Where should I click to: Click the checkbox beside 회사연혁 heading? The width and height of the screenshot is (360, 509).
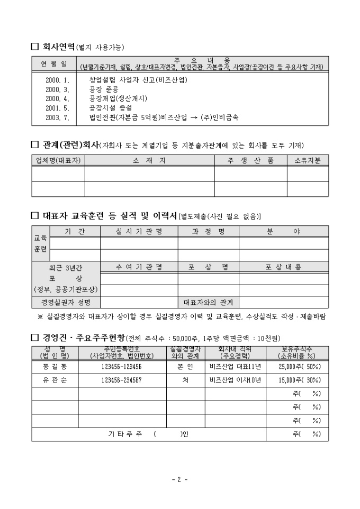[35, 47]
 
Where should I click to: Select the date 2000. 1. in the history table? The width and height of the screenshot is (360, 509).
[58, 80]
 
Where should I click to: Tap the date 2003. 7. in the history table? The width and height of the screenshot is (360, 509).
[58, 117]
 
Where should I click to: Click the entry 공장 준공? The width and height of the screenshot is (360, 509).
[103, 89]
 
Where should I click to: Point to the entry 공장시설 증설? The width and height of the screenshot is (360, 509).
[111, 108]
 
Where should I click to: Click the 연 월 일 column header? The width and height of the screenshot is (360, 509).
[54, 63]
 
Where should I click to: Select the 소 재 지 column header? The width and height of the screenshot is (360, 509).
[149, 160]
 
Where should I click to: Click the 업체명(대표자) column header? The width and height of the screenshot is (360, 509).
[58, 160]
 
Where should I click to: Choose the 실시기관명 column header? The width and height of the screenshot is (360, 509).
[139, 231]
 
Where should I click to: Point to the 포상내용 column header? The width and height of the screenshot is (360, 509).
[283, 267]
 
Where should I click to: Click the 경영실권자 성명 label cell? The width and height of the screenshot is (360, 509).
[66, 302]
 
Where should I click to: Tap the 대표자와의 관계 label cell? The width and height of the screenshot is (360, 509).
[208, 302]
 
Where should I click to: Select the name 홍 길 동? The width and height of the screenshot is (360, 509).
[55, 366]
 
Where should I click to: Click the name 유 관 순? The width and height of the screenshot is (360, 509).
[55, 380]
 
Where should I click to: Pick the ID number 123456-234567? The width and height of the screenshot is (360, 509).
[122, 380]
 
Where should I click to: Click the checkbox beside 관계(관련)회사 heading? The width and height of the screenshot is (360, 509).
[35, 144]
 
